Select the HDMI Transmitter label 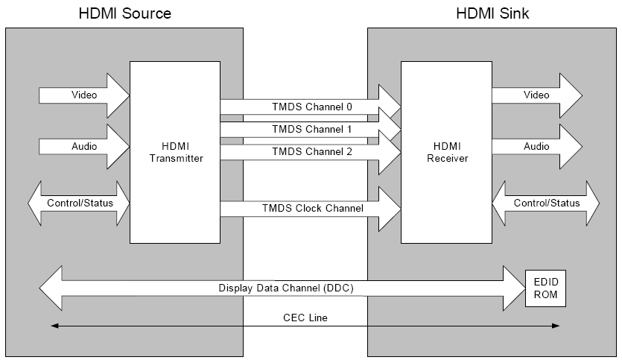[174, 151]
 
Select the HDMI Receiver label [445, 151]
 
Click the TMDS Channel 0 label [312, 107]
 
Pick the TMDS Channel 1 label [312, 129]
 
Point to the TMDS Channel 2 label [312, 151]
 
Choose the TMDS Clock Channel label [312, 208]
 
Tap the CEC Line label [305, 318]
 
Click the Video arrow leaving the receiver [536, 95]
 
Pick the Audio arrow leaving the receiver [536, 147]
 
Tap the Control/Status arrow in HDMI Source [78, 203]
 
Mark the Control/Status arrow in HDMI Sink [546, 203]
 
